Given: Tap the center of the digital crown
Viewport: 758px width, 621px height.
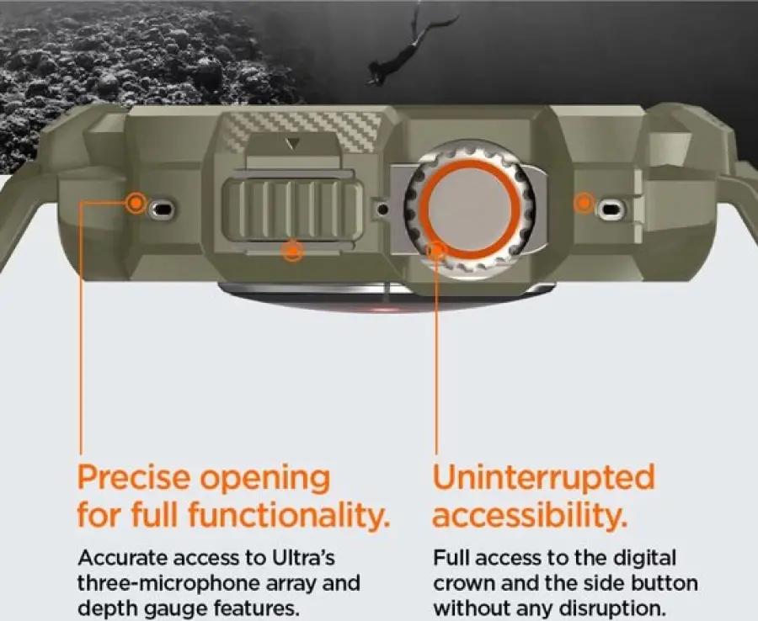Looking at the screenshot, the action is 469,210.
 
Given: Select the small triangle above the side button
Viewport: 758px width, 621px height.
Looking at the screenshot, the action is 292,144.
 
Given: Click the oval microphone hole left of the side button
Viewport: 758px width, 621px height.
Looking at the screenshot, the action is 162,210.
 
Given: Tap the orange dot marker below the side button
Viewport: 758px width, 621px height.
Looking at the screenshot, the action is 292,250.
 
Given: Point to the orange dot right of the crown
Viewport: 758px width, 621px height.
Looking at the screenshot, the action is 584,202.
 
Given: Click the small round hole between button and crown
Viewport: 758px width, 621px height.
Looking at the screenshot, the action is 382,210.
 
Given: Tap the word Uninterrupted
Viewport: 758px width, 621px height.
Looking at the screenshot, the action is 543,477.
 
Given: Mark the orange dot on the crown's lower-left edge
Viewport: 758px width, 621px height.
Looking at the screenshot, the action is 435,250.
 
